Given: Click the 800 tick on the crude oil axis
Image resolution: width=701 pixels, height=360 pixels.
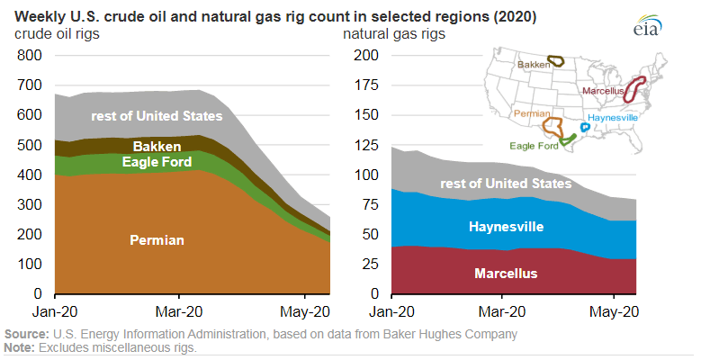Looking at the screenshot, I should point(30,55).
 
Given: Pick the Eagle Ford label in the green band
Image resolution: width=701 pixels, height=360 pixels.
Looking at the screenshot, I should point(157,162).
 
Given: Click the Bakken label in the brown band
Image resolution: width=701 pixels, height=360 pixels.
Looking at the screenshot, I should point(157,146).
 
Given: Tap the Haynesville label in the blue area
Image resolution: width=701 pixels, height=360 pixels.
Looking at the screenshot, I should point(505,227).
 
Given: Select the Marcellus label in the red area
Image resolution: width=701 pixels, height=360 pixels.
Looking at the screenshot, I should point(505,272).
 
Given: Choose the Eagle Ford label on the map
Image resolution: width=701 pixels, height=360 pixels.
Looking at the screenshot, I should point(533,144).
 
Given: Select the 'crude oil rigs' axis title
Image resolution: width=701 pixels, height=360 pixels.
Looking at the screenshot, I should point(57,33).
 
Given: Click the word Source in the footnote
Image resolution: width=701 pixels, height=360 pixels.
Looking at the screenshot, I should point(24,335).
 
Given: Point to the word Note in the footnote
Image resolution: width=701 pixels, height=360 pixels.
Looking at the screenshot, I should point(19,347).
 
